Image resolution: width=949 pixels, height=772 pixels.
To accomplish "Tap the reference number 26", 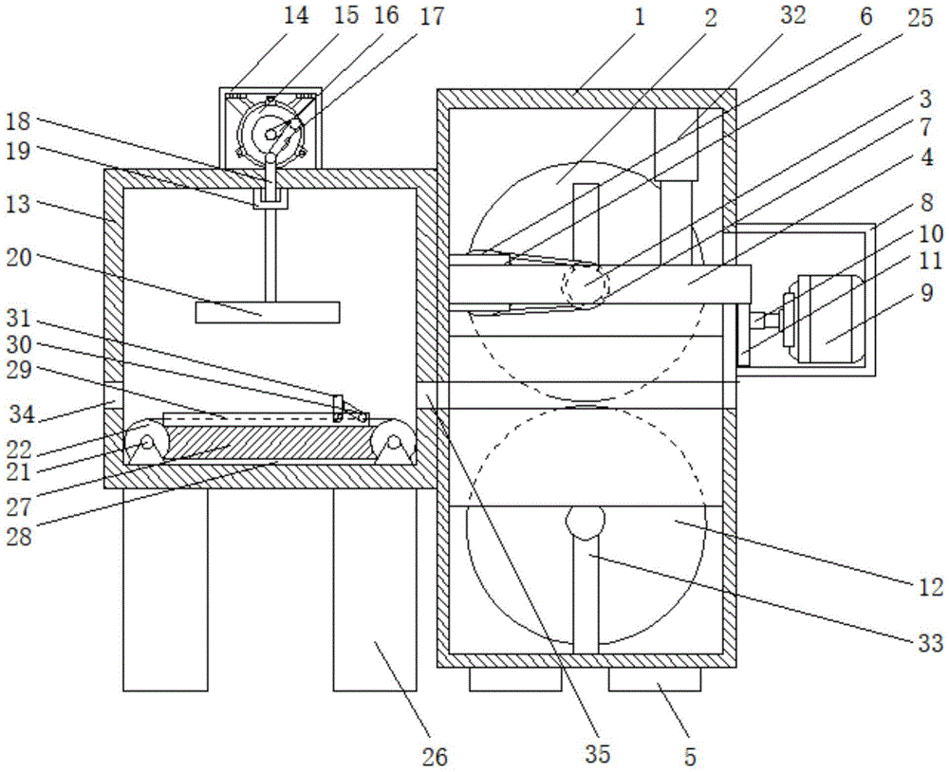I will click(x=437, y=757).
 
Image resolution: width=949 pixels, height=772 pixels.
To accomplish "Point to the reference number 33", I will click(x=931, y=644).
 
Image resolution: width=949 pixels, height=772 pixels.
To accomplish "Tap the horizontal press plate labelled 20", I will click(x=267, y=313).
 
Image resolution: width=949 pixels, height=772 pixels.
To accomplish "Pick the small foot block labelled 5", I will click(x=654, y=679).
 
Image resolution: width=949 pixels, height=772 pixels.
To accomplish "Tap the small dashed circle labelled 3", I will click(x=585, y=285).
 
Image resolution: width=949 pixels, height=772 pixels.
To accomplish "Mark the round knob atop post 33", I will click(x=585, y=523).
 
